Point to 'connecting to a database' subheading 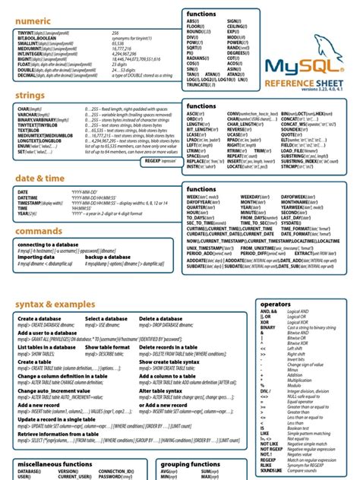pos(48,245)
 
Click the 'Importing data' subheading pos(36,257)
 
